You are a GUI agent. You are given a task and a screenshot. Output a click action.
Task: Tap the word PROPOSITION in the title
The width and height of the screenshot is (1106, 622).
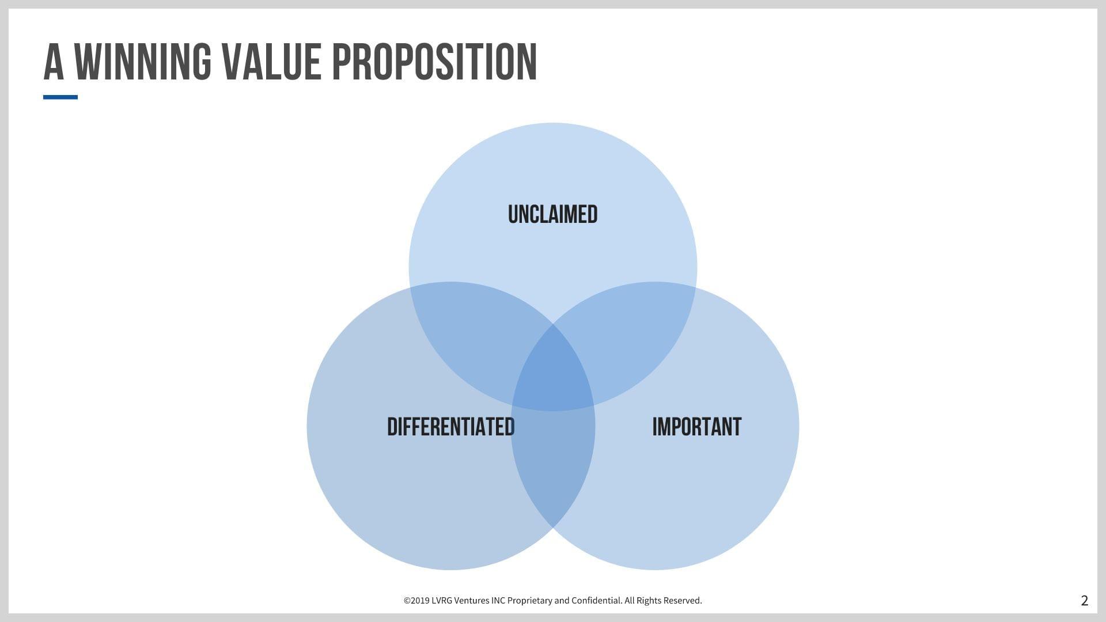point(435,62)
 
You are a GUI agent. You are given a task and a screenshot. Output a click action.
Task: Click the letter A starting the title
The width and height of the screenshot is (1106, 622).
point(54,62)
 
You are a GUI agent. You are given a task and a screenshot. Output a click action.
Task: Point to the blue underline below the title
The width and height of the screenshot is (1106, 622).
point(60,97)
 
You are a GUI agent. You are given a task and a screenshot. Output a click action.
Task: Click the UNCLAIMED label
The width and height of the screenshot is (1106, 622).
point(553,214)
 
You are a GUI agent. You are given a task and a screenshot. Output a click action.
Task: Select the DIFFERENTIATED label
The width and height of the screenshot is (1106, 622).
point(451,427)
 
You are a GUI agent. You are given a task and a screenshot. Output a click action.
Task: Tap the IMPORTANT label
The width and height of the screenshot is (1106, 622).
point(697,427)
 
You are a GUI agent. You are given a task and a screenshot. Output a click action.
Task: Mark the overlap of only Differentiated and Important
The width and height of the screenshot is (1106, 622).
point(553,466)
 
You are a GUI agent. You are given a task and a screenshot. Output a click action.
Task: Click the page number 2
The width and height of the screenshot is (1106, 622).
point(1085,601)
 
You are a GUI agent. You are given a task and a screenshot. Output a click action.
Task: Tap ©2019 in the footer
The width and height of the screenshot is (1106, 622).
point(416,601)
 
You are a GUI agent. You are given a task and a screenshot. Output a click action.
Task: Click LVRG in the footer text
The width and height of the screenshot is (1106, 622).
point(442,601)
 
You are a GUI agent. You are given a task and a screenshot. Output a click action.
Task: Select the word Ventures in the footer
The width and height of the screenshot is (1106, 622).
point(472,601)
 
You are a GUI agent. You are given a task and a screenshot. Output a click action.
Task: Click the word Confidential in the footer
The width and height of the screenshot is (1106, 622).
point(597,601)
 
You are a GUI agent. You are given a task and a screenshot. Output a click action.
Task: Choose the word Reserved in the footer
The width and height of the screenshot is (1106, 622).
point(683,601)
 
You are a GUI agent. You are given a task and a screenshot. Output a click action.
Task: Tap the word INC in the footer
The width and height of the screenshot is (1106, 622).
point(498,601)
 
